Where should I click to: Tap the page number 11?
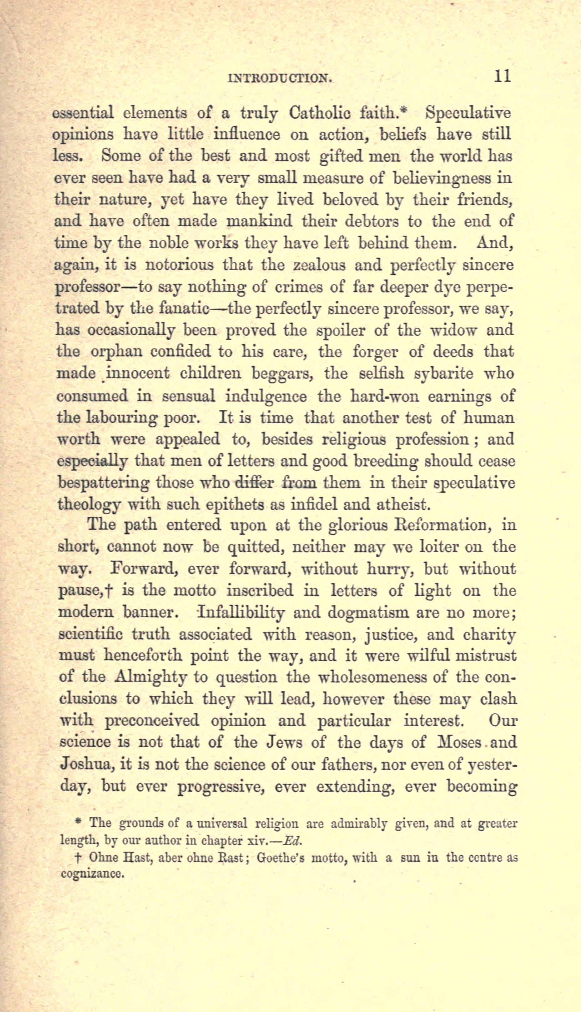502,76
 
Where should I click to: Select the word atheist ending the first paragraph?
403,504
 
